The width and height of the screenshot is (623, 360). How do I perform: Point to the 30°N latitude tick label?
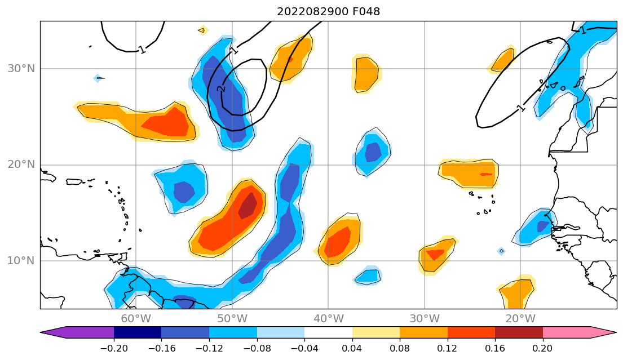[x=21, y=69]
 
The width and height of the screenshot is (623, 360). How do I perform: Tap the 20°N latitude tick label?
[x=21, y=165]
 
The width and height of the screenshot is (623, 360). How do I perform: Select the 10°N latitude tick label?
[x=21, y=261]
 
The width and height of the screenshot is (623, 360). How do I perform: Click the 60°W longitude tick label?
[x=136, y=319]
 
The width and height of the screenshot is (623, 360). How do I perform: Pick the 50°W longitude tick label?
[x=232, y=319]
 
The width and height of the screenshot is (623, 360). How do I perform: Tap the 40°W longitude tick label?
[x=328, y=319]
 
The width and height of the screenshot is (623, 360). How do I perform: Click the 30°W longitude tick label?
[x=425, y=319]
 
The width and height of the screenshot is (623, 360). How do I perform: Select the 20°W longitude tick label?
[x=520, y=319]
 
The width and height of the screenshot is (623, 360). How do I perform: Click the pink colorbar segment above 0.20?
[x=567, y=332]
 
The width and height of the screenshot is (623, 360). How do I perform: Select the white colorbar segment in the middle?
[x=328, y=332]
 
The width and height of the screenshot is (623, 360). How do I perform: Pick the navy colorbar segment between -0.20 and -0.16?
[x=138, y=332]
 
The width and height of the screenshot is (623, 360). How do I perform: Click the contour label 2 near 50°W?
[x=220, y=88]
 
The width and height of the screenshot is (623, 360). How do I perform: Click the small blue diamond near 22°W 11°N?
[x=501, y=251]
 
